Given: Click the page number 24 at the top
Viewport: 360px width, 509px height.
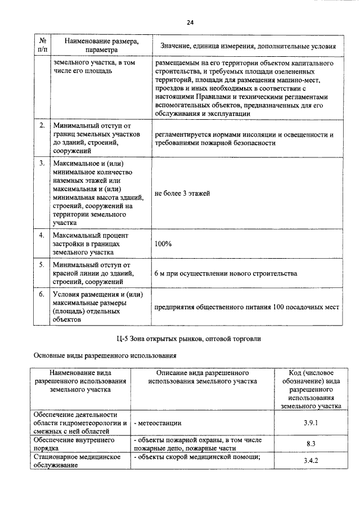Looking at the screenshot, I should (x=190, y=23).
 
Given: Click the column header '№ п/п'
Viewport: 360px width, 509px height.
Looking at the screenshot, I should (x=43, y=45).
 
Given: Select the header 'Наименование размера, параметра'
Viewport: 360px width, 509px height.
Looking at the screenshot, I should (x=101, y=45).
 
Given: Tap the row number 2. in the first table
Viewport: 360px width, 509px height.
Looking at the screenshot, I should (x=42, y=125).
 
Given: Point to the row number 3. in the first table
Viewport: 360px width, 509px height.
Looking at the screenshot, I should (x=42, y=163).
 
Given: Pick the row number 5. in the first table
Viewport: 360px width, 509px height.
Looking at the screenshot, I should (x=42, y=263).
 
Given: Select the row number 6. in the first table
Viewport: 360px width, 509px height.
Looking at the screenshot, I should (x=42, y=294).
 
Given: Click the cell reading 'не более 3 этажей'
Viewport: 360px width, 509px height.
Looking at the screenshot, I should (x=182, y=193).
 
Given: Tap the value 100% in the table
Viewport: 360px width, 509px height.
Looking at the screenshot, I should (x=164, y=244).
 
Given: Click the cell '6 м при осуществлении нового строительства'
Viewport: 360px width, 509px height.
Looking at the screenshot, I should (x=225, y=273).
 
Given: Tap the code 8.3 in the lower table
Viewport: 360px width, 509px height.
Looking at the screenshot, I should (x=310, y=444).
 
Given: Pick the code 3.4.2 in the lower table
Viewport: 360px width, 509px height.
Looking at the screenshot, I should (x=310, y=461).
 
